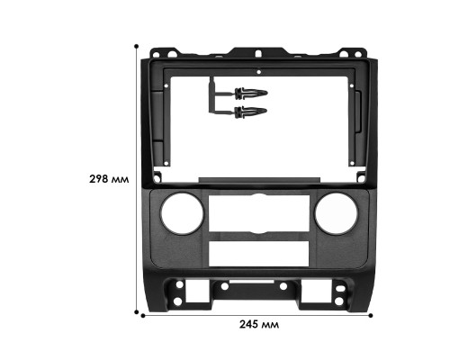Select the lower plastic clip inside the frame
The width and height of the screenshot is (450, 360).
pyautogui.click(x=249, y=112)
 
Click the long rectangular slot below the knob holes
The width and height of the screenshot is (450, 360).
pyautogui.click(x=258, y=253)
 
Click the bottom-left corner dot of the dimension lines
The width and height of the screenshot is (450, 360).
pyautogui.click(x=139, y=314)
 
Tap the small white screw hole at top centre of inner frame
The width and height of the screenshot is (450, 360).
pyautogui.click(x=258, y=70)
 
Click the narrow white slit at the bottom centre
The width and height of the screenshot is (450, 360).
pyautogui.click(x=258, y=296)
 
